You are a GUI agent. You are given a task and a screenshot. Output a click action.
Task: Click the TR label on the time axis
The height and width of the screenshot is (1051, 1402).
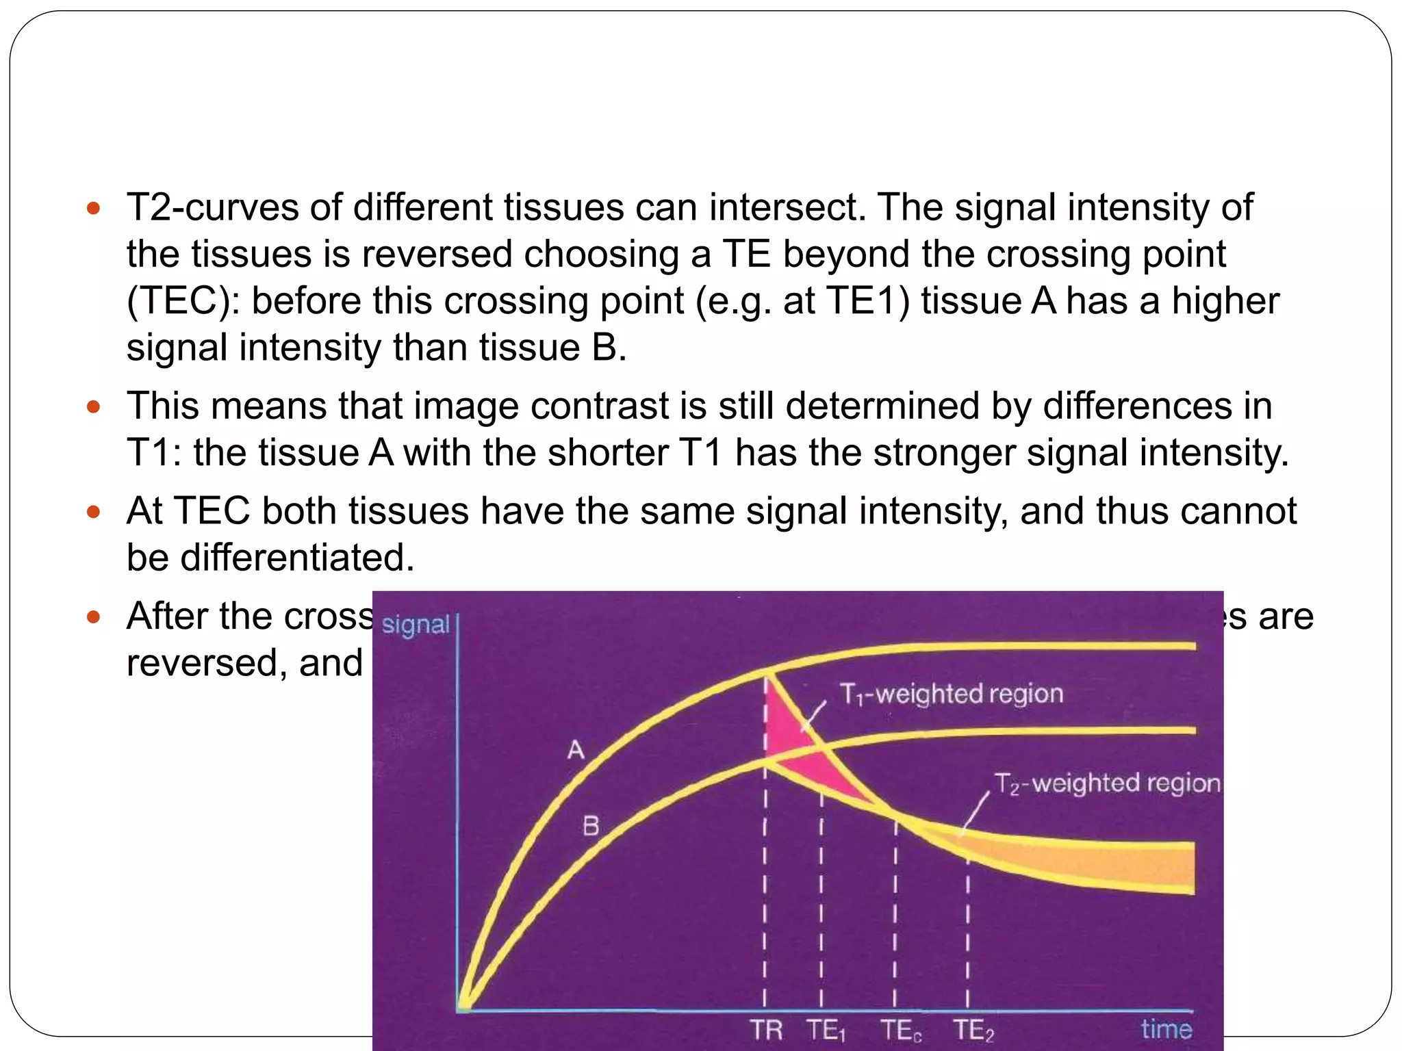(x=765, y=1029)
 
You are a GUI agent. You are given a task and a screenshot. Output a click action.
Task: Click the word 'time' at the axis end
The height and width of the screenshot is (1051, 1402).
(x=1166, y=1029)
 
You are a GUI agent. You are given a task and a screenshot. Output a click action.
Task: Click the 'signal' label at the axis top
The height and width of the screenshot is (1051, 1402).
(x=415, y=625)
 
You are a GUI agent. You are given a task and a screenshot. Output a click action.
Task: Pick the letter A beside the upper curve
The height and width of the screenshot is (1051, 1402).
(x=576, y=750)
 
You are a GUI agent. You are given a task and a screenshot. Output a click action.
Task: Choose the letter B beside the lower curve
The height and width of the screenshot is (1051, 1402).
(x=591, y=827)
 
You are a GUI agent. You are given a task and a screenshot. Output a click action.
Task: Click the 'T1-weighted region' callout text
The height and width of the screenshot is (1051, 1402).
(x=951, y=694)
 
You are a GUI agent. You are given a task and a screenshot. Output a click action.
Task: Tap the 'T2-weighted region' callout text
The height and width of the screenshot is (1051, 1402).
(x=1106, y=783)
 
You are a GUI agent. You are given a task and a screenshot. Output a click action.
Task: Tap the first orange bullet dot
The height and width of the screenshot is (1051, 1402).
(x=94, y=208)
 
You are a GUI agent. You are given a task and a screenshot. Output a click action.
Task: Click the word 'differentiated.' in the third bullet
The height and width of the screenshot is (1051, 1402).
(x=297, y=558)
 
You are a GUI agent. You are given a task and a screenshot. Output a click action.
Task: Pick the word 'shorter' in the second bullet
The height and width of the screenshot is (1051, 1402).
(x=608, y=452)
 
